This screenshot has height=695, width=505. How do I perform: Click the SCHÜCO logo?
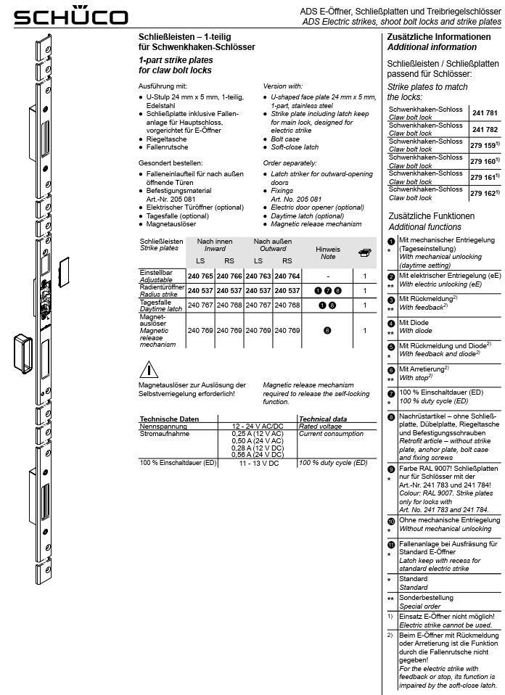[54, 16]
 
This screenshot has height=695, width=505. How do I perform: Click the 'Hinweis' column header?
[328, 249]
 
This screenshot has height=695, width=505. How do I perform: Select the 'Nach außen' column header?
[272, 241]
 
